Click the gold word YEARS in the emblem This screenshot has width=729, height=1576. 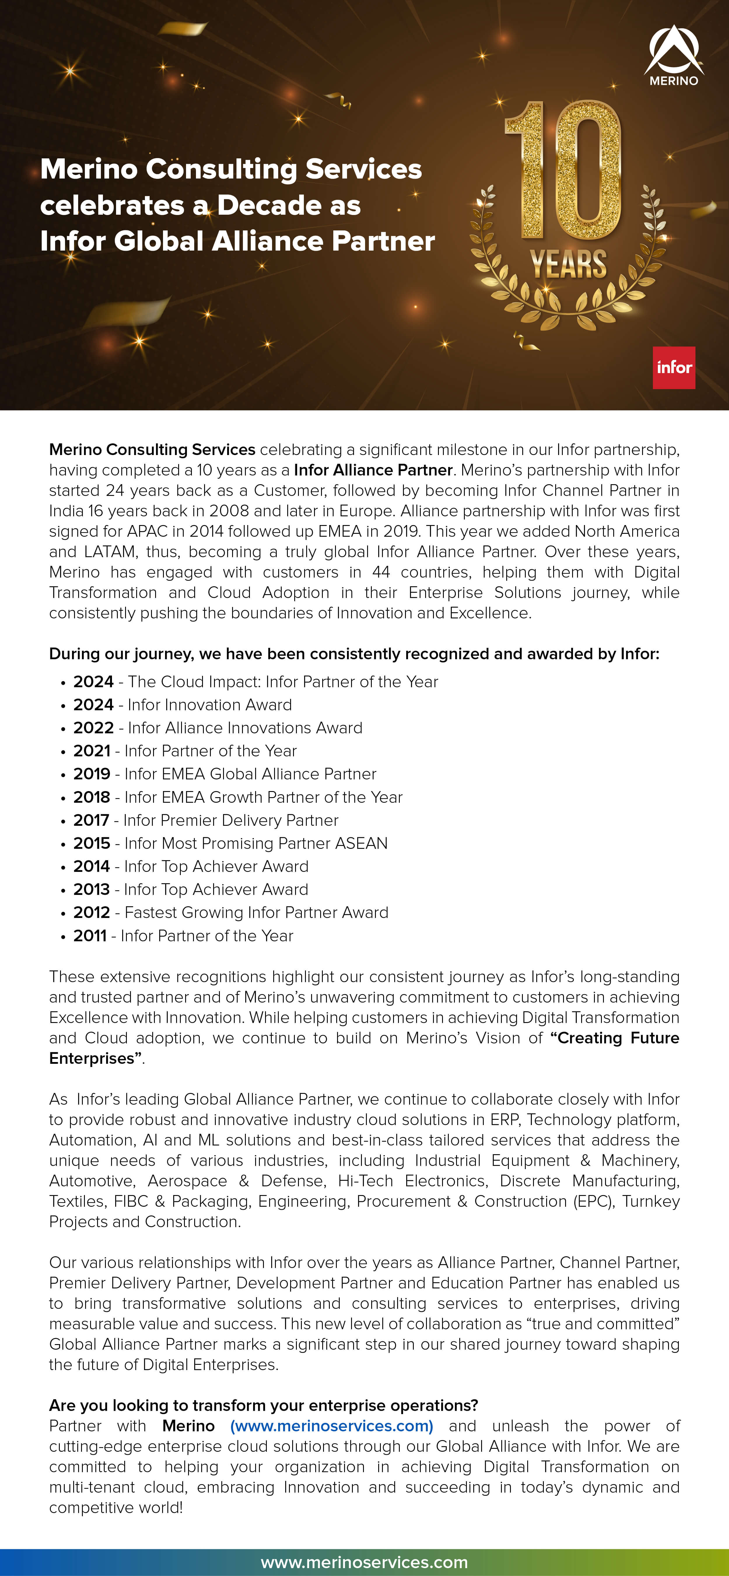568,264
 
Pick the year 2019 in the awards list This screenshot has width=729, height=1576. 92,774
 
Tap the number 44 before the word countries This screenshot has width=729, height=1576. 381,572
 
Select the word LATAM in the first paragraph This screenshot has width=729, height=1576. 110,552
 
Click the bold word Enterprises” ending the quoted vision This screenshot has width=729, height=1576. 95,1059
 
